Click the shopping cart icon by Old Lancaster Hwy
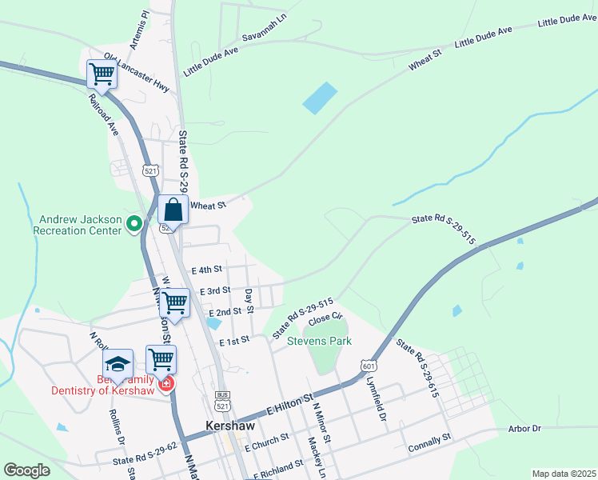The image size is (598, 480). click(x=102, y=74)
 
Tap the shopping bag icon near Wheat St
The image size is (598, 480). click(x=173, y=210)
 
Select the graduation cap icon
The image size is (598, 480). click(x=118, y=364)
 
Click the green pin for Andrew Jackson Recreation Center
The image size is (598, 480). click(x=134, y=224)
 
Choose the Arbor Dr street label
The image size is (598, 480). click(x=524, y=429)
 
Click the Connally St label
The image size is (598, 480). click(x=429, y=442)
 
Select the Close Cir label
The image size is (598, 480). click(x=325, y=318)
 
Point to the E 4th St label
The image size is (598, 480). click(x=205, y=270)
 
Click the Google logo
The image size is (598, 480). click(x=27, y=470)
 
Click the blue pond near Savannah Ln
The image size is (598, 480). click(x=319, y=98)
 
